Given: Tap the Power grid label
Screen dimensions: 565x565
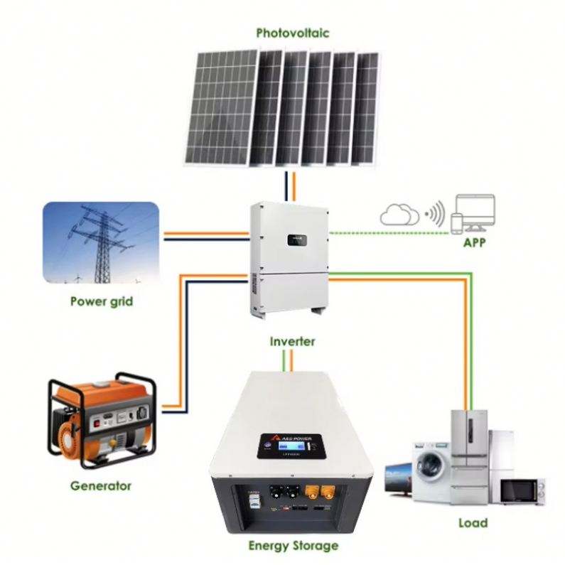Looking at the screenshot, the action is (102, 301).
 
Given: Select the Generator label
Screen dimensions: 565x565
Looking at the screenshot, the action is (101, 486).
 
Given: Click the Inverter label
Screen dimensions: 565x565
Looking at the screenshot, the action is (292, 341).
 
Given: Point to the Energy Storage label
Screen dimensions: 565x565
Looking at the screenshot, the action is (293, 546).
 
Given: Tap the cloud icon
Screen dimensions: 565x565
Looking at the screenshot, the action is (399, 214).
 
